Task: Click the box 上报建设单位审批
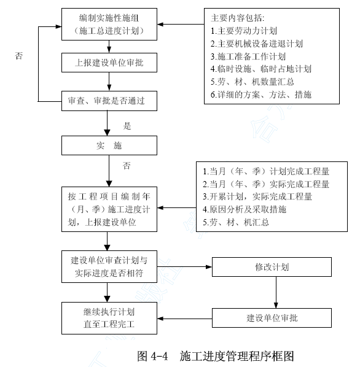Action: pos(109,63)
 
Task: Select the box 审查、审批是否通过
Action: pos(109,101)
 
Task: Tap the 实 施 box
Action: pos(109,145)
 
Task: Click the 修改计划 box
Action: pos(272,267)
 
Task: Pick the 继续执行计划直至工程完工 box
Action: pos(109,318)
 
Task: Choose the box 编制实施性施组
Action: pos(109,24)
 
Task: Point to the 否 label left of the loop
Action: pos(19,56)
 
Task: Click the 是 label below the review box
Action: pos(127,126)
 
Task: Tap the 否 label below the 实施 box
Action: pos(127,166)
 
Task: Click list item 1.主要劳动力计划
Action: pos(244,31)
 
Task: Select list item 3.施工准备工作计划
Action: pos(248,56)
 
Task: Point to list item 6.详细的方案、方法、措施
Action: pos(261,95)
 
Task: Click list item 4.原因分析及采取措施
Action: pos(245,209)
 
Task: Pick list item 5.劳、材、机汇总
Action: pos(236,222)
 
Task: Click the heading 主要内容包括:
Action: pos(238,18)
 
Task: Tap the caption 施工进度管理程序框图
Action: pos(237,356)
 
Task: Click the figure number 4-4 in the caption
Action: pos(159,356)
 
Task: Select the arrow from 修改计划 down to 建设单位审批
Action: pos(276,292)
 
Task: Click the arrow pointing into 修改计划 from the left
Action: pos(184,266)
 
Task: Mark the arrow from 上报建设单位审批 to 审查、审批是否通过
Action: pos(109,82)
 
